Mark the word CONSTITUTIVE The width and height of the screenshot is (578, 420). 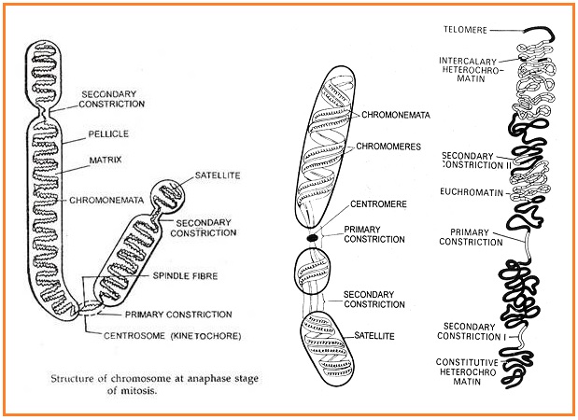click(x=468, y=360)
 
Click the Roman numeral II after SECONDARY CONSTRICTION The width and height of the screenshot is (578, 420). click(x=502, y=166)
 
